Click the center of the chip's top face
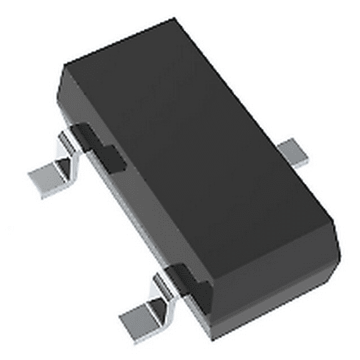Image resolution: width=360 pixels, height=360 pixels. (x=200, y=144)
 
